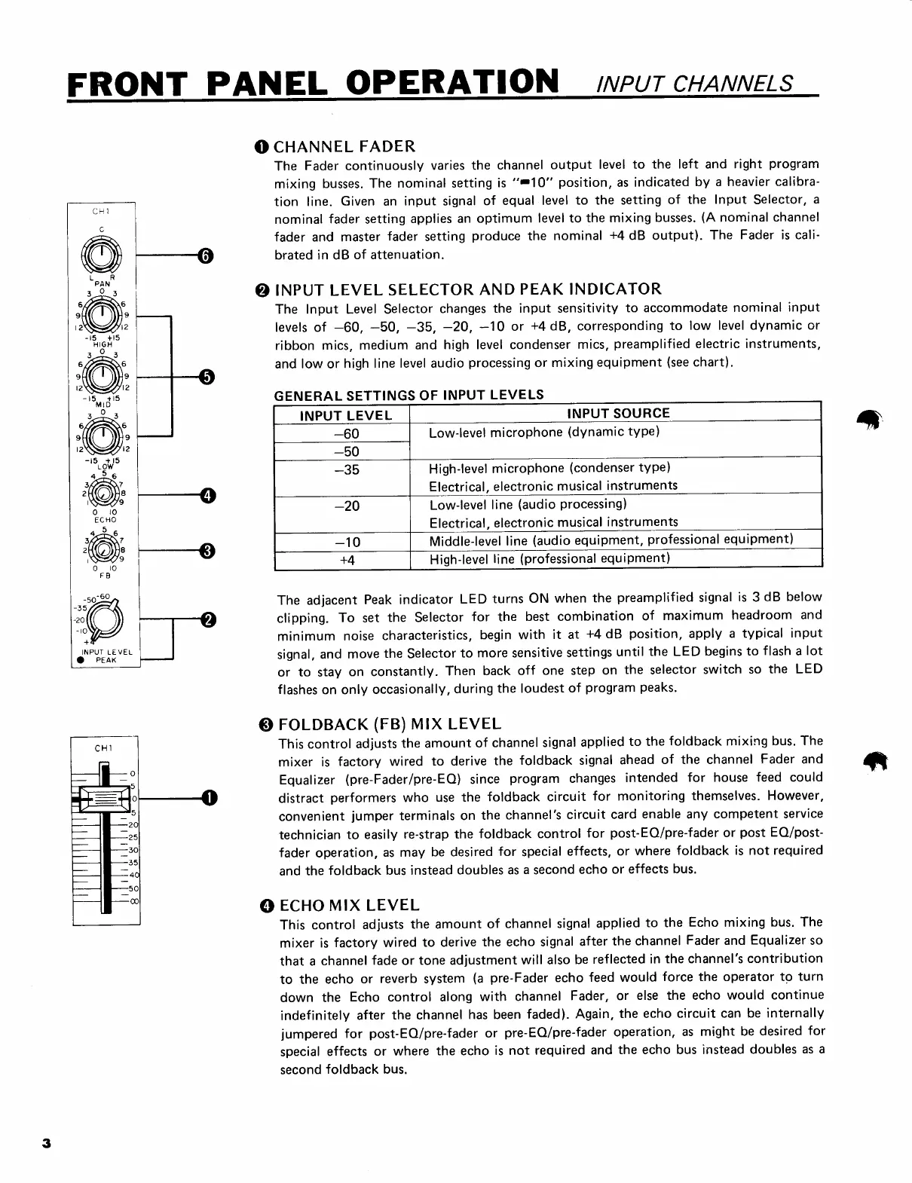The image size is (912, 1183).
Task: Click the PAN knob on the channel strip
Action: [x=103, y=255]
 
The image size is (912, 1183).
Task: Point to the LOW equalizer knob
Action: [x=103, y=436]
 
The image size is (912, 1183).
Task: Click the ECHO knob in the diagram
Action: [x=103, y=494]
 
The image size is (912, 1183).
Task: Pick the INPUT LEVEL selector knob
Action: [x=106, y=619]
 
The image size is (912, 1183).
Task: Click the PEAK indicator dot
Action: [x=78, y=660]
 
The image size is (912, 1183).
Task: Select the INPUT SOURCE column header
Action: [x=617, y=413]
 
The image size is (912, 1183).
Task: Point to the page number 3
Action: [x=46, y=1143]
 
